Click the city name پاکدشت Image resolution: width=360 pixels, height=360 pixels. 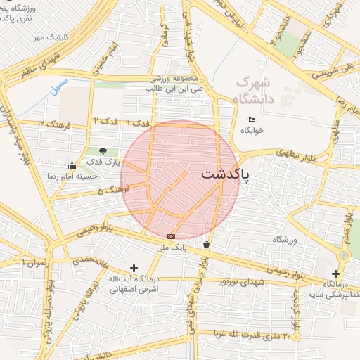(x=229, y=174)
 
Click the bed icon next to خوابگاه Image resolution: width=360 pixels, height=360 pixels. (x=252, y=120)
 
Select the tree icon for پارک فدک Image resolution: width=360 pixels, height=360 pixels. (x=103, y=150)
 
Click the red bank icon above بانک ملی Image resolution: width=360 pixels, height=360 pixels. (x=170, y=236)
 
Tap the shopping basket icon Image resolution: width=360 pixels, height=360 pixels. (x=206, y=244)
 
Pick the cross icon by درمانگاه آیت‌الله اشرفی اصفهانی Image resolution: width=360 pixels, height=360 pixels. (x=134, y=268)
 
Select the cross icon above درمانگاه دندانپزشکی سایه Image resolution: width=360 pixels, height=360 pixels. (x=335, y=273)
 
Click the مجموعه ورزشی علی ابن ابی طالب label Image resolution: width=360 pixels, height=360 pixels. (x=174, y=84)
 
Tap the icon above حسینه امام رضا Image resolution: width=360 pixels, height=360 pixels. (x=72, y=165)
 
